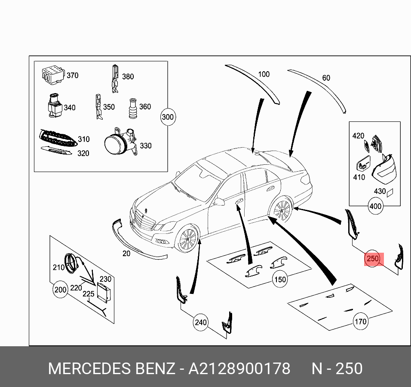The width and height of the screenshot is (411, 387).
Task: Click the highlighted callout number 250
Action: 373,259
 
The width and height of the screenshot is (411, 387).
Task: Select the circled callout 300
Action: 168,117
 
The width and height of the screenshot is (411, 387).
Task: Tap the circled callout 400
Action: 375,206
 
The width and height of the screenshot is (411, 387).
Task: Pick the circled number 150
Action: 280,279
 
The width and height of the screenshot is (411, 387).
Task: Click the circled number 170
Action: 360,321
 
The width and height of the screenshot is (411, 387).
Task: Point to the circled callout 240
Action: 200,322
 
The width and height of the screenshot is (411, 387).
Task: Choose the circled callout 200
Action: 60,290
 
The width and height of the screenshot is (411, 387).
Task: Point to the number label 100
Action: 264,74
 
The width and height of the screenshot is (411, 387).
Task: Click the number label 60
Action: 326,78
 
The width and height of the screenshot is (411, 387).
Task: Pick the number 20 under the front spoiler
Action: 126,254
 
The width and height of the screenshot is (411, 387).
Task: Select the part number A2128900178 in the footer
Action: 239,369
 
